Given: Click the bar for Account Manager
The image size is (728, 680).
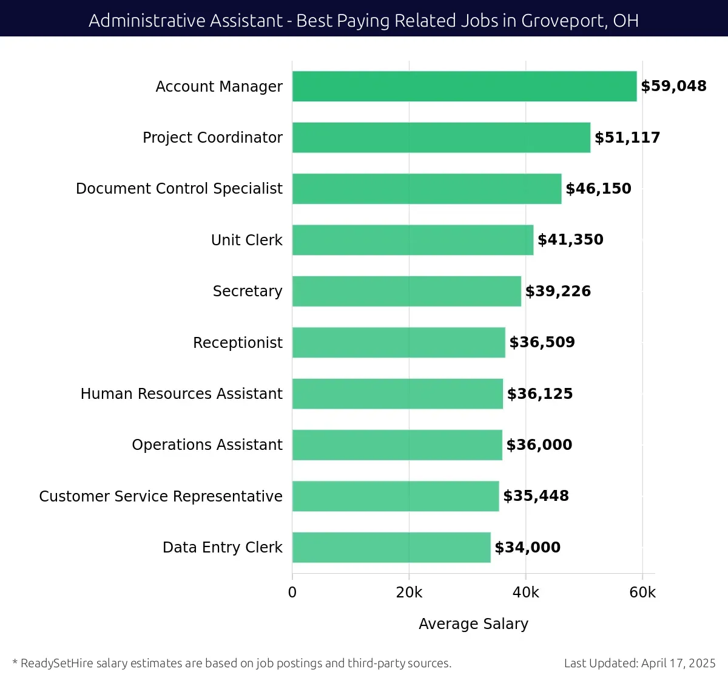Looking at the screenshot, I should [464, 86].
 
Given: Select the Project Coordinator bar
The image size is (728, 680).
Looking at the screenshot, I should [441, 137].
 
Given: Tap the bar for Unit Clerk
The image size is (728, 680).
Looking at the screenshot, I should [413, 240].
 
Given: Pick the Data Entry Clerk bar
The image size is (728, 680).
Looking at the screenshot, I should [391, 547].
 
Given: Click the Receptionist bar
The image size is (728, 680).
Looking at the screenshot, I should [399, 342].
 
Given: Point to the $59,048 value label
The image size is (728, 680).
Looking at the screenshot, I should [673, 86].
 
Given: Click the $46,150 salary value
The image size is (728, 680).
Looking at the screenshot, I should [598, 189].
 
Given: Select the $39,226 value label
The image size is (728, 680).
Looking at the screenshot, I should [558, 291].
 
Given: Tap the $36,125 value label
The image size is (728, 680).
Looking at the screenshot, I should [539, 394].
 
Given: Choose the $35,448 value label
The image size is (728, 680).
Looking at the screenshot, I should [536, 496].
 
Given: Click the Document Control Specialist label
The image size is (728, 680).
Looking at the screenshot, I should [179, 189].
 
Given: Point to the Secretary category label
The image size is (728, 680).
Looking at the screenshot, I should [248, 291].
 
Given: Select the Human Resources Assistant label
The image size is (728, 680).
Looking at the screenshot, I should [181, 394].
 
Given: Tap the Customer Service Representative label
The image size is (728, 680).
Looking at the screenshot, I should [161, 497].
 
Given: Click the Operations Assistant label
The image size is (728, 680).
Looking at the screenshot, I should [207, 445].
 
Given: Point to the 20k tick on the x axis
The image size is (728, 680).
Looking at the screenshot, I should [409, 593].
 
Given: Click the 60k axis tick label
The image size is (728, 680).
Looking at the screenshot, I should [642, 593].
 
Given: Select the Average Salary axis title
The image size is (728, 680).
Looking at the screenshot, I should [473, 624].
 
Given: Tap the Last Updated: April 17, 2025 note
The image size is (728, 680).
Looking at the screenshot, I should [639, 663].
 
